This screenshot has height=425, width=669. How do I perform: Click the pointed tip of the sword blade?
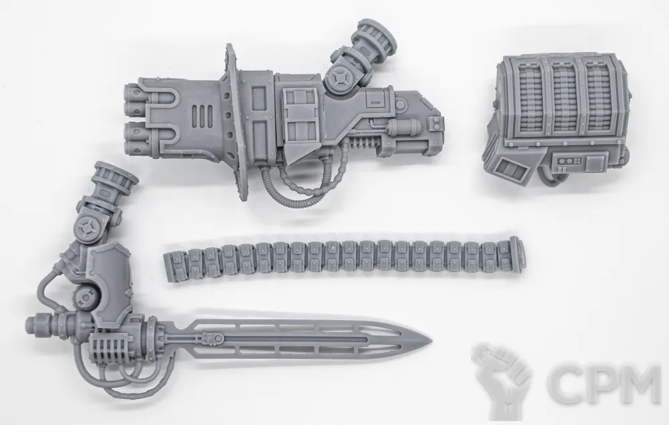431,342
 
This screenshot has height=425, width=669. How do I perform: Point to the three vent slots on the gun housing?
203,116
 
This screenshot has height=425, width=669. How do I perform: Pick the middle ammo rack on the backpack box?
563,97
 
